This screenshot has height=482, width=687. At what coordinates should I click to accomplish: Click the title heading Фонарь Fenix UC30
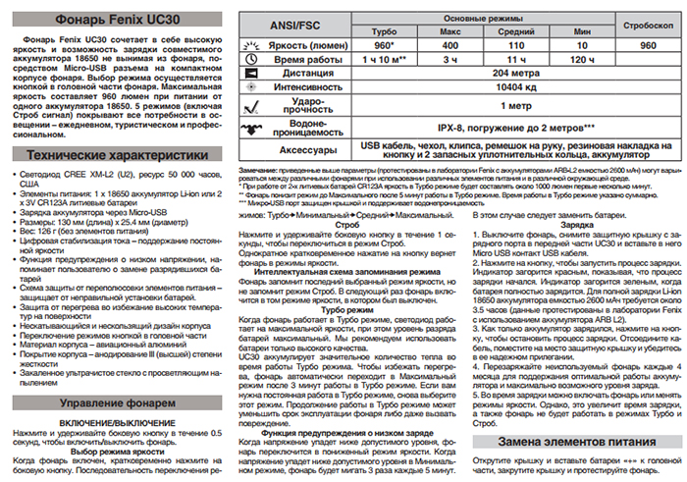pyautogui.click(x=112, y=17)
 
